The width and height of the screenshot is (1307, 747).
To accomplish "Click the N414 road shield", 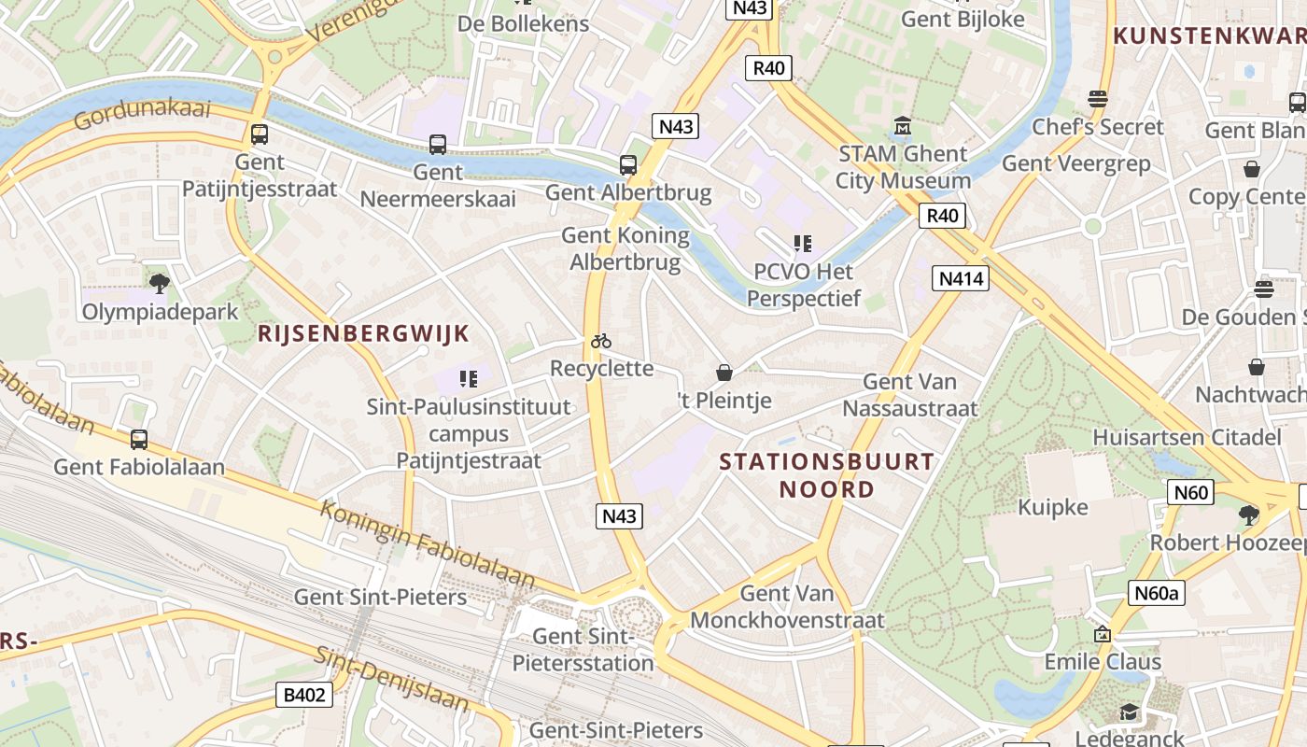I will [x=960, y=278].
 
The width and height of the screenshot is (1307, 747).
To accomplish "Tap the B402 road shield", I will [x=304, y=695].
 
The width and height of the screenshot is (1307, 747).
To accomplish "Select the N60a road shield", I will [x=1157, y=593].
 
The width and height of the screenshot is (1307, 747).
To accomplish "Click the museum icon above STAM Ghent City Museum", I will [x=903, y=126].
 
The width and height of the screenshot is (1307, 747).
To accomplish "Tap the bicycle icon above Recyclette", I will [x=601, y=342].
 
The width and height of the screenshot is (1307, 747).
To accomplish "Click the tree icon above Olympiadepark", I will [x=160, y=283].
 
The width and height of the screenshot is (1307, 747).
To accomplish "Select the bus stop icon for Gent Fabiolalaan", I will [x=139, y=439].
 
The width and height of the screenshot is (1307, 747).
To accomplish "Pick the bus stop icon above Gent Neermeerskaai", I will [x=437, y=145].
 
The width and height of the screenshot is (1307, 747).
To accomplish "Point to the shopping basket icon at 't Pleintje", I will [x=724, y=373].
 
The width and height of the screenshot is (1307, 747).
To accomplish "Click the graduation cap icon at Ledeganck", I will [x=1130, y=712].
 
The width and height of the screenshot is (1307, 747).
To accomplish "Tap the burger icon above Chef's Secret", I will [x=1098, y=99].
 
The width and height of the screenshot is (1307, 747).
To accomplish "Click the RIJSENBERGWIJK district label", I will [x=363, y=334].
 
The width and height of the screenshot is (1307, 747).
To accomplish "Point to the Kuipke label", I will [x=1053, y=507].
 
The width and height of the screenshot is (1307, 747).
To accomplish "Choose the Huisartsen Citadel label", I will [x=1187, y=437].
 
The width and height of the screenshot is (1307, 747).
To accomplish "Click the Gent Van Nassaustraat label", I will [x=910, y=395].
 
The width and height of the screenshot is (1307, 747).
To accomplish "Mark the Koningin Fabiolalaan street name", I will [x=428, y=544].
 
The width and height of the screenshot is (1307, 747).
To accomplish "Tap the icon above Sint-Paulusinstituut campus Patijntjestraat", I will [x=469, y=379].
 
